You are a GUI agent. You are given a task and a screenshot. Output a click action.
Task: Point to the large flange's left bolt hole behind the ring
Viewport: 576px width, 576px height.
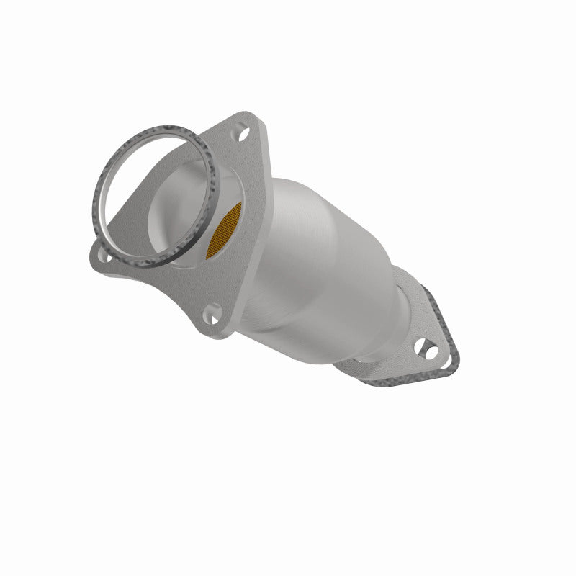coord(106,253)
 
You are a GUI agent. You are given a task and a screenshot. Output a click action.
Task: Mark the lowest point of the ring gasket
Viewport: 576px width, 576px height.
coord(155,266)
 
